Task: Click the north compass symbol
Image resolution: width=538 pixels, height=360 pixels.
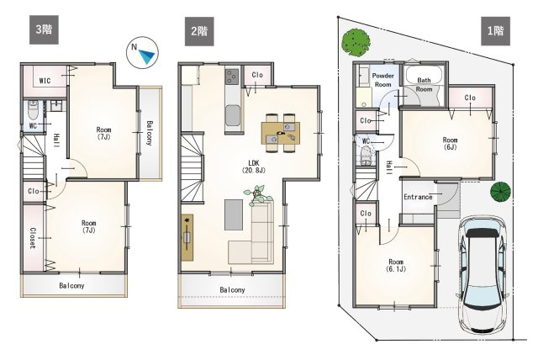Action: pyautogui.click(x=142, y=52)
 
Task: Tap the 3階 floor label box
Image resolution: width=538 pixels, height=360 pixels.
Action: pyautogui.click(x=44, y=29)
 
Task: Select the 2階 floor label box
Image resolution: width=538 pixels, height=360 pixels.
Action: pyautogui.click(x=199, y=32)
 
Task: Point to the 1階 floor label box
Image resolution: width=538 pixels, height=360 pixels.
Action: pyautogui.click(x=495, y=31)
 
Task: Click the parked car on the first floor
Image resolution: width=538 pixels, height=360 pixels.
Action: pyautogui.click(x=484, y=273)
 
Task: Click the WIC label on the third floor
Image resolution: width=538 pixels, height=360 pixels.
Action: pyautogui.click(x=45, y=81)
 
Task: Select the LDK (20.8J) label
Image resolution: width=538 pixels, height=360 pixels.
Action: pyautogui.click(x=254, y=166)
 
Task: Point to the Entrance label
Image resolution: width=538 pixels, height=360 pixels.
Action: pyautogui.click(x=418, y=197)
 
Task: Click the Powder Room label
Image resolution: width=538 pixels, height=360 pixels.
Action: pyautogui.click(x=383, y=80)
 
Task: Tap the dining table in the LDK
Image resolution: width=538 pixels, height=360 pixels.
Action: pyautogui.click(x=281, y=133)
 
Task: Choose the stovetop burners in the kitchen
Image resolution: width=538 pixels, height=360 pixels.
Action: pyautogui.click(x=232, y=77)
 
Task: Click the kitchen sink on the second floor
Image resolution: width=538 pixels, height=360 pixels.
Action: pyautogui.click(x=233, y=115)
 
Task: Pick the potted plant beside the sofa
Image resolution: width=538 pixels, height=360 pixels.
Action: pyautogui.click(x=258, y=195)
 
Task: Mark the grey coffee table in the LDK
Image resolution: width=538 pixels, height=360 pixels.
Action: pyautogui.click(x=234, y=214)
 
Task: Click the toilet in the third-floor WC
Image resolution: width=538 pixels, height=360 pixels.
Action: pyautogui.click(x=34, y=109)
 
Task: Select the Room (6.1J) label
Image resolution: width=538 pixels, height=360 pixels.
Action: pyautogui.click(x=396, y=265)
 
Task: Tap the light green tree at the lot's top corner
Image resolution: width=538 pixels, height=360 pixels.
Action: pyautogui.click(x=356, y=42)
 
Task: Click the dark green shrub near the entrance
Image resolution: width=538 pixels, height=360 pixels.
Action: pyautogui.click(x=500, y=192)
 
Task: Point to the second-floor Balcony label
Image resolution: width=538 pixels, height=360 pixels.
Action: pyautogui.click(x=232, y=290)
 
